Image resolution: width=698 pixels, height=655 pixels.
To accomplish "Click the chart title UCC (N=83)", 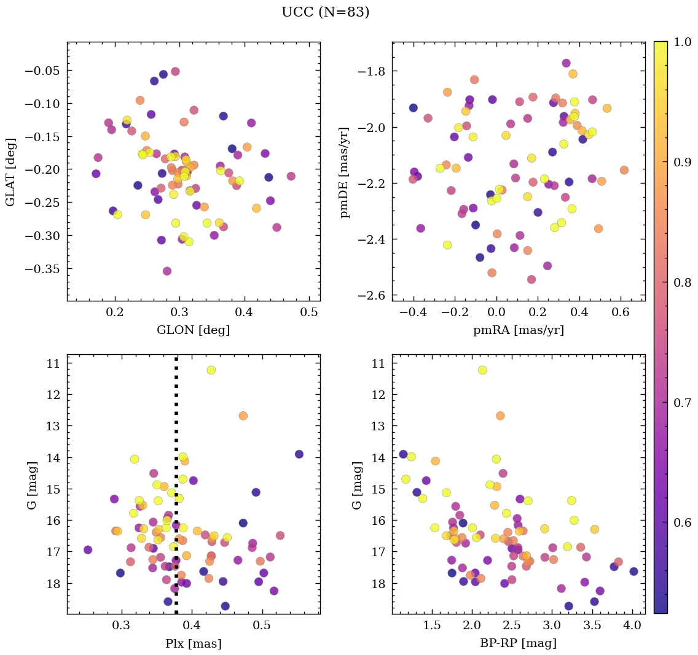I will [325, 12].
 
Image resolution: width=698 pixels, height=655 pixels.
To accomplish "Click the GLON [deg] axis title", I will [193, 330].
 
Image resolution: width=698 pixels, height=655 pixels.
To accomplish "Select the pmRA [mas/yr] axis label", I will [518, 330].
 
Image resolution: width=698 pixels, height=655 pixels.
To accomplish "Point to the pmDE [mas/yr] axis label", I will [345, 172].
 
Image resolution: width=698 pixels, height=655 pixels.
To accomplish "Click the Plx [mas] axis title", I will [193, 643].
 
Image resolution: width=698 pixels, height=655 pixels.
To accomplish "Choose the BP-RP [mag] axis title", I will [518, 643].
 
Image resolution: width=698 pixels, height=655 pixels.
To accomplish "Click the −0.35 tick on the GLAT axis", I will [42, 269].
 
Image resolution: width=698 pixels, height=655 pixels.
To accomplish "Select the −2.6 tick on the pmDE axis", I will [371, 296].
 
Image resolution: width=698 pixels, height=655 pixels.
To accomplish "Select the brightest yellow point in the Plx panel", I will [211, 370].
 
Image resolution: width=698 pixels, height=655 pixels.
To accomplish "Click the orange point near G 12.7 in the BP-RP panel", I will [500, 416].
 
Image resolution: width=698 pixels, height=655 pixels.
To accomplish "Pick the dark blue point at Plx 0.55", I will [299, 454].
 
